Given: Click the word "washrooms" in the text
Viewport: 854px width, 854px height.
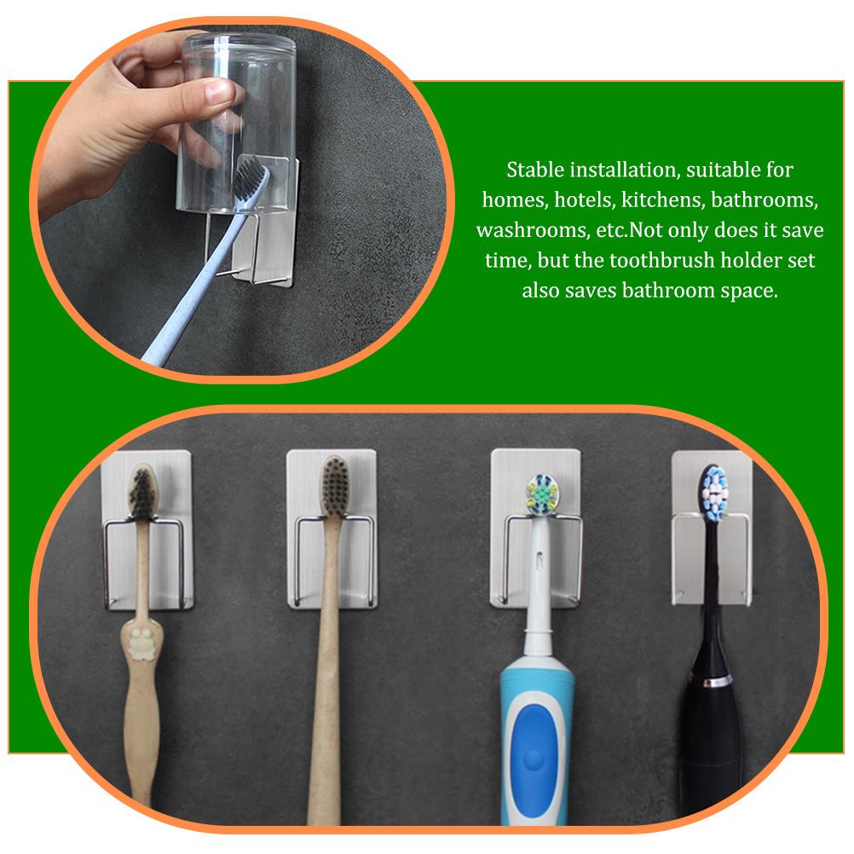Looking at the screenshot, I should tap(524, 230).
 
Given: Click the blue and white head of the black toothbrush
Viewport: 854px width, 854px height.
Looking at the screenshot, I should tap(714, 492).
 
